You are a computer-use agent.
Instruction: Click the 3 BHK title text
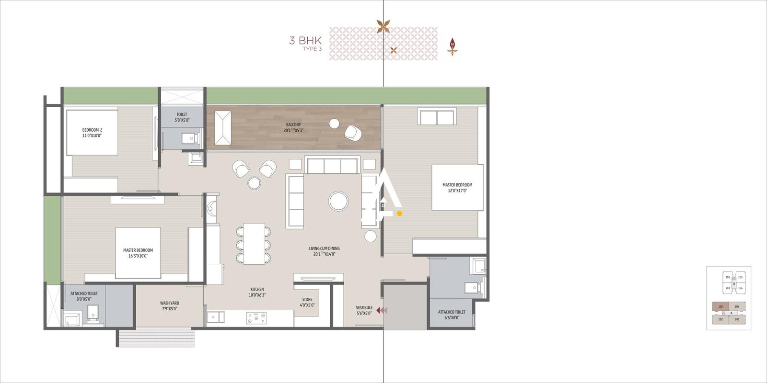tap(305, 41)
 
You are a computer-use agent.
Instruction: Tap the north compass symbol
tap(452, 46)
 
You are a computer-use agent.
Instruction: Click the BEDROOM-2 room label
tap(92, 133)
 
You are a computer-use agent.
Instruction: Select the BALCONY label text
tap(293, 127)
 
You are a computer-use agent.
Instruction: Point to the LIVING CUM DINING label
tap(324, 251)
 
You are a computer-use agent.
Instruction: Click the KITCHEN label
tap(257, 292)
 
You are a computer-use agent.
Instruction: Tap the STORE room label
tap(307, 302)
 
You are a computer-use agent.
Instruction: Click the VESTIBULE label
tap(364, 310)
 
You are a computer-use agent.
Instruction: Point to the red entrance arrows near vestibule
tap(382, 310)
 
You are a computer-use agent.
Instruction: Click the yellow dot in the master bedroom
tap(399, 214)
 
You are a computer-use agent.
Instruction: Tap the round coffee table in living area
tap(338, 201)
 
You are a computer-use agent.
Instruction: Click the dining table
tap(254, 244)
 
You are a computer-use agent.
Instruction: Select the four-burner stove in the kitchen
tap(256, 318)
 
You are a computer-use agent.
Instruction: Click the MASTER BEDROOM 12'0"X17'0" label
tap(457, 188)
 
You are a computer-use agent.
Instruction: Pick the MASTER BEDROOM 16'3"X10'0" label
tap(138, 253)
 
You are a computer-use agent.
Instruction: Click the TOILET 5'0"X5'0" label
tap(182, 117)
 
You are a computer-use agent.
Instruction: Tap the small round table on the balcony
tap(334, 124)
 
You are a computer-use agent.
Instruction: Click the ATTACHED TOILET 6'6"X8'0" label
tap(451, 315)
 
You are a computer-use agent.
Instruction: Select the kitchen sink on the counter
tap(215, 317)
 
